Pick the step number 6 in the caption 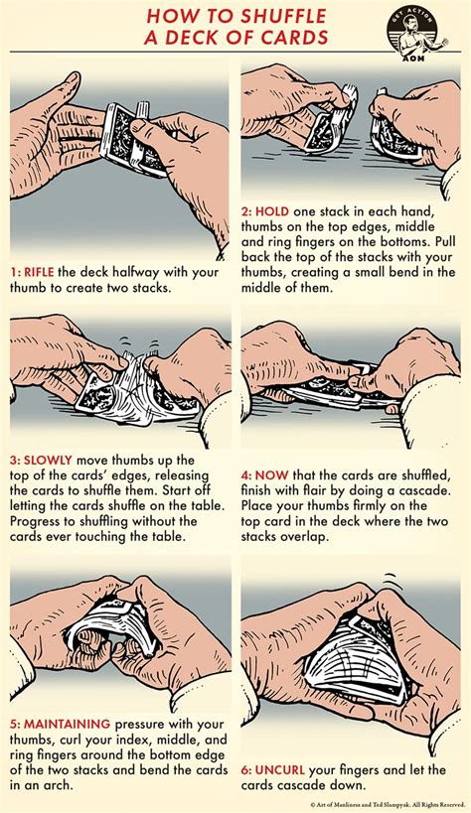tap(248, 768)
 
